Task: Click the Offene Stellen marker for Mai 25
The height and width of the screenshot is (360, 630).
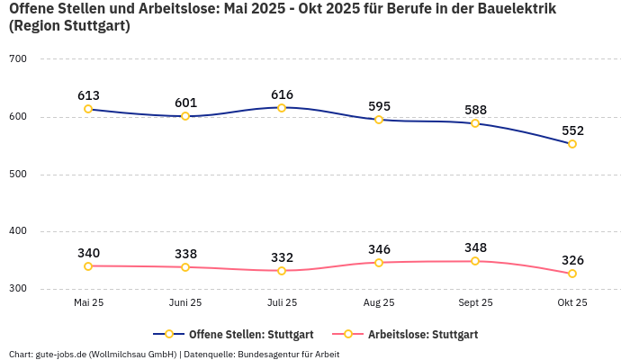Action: (x=88, y=109)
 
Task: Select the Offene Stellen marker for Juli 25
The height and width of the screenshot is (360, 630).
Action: (x=282, y=108)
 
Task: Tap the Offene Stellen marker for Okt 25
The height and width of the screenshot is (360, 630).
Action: (x=572, y=144)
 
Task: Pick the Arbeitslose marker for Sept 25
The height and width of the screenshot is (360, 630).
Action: (x=475, y=261)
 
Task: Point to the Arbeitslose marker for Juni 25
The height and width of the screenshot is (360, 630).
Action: (x=185, y=267)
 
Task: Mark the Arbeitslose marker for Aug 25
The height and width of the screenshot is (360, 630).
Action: (x=379, y=263)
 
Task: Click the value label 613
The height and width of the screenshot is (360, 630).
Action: (x=88, y=95)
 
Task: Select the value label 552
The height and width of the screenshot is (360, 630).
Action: (x=572, y=130)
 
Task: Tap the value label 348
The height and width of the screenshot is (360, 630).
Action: (x=475, y=247)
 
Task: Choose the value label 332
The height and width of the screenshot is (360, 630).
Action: (x=282, y=257)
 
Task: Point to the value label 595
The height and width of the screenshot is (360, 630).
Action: (x=379, y=106)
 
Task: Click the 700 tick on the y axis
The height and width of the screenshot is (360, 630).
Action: (x=19, y=59)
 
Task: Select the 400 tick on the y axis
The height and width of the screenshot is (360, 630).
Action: (x=19, y=231)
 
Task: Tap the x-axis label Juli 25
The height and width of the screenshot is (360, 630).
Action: (x=282, y=302)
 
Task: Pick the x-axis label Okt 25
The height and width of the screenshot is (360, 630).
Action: (x=572, y=302)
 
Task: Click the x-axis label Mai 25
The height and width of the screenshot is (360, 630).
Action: (x=88, y=302)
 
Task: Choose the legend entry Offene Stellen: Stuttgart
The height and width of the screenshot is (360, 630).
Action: (x=233, y=334)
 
